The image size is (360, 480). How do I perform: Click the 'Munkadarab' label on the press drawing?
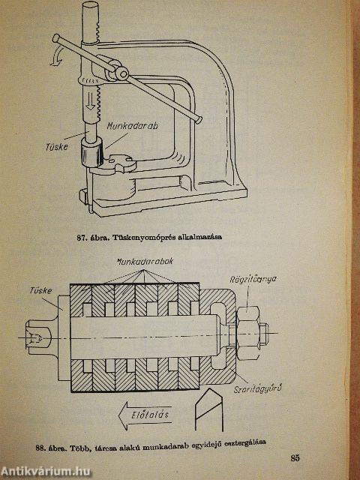click(x=132, y=126)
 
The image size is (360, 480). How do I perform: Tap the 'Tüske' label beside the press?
click(x=56, y=147)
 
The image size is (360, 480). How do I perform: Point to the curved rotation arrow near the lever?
click(x=57, y=58)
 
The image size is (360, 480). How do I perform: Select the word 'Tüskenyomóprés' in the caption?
click(x=145, y=238)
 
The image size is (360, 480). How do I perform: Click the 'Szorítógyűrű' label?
click(x=257, y=389)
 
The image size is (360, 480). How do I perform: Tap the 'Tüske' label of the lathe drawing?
click(x=40, y=290)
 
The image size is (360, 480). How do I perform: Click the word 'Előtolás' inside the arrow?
click(x=151, y=415)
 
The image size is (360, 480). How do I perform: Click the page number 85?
click(x=295, y=458)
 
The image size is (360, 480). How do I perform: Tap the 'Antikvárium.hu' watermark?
click(x=46, y=472)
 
